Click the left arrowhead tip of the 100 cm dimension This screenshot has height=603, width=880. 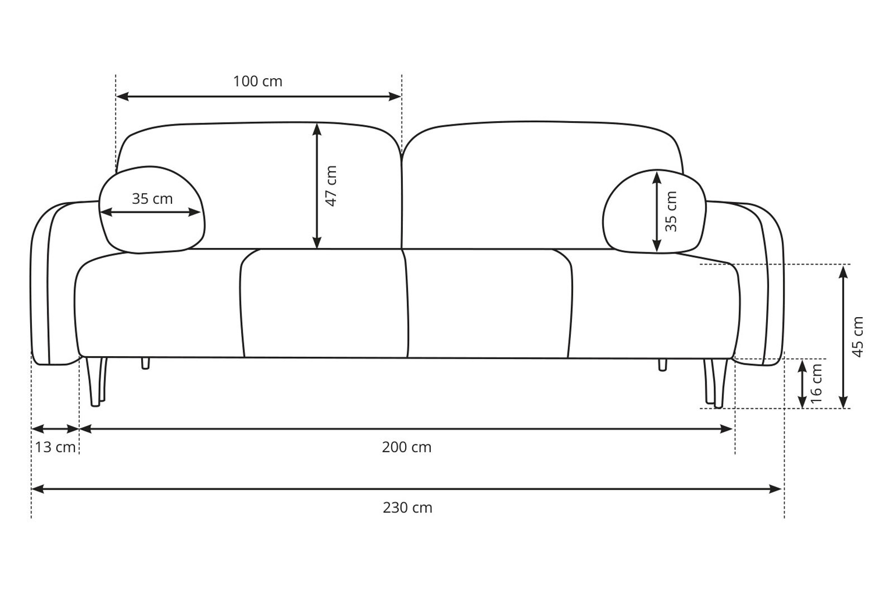pos(117,96)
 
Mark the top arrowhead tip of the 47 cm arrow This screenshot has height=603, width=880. pos(317,123)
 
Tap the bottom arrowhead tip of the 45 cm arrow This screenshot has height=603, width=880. pos(843,408)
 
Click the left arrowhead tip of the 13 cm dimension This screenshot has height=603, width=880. pos(32,429)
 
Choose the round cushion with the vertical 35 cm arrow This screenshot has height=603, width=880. pos(655,211)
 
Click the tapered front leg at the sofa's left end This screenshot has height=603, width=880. pos(94,381)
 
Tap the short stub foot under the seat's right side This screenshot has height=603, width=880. pos(662,365)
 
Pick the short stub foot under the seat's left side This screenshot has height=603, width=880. pos(145,363)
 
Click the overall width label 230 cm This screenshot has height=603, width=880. pos(407,508)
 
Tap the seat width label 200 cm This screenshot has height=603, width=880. pos(407,447)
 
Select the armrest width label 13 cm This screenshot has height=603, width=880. pos(55,447)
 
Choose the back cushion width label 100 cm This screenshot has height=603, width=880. pos(258,82)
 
